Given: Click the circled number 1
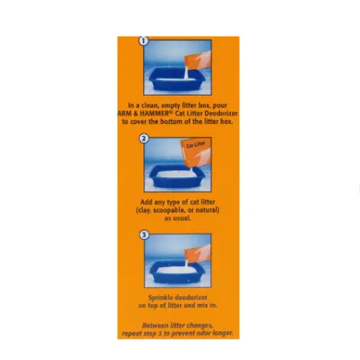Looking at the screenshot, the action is (x=143, y=41).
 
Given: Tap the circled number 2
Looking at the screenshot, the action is (x=144, y=138).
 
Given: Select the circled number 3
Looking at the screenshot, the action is (x=144, y=235).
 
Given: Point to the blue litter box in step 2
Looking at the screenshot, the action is (x=177, y=176).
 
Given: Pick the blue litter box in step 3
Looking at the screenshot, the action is (x=178, y=272).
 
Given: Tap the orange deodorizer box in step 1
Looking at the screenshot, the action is (x=197, y=60).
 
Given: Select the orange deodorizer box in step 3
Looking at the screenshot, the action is (x=197, y=254).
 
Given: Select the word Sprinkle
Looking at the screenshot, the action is (x=160, y=297).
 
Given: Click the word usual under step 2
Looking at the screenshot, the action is (x=182, y=218).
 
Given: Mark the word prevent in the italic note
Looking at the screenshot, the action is (x=184, y=333).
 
